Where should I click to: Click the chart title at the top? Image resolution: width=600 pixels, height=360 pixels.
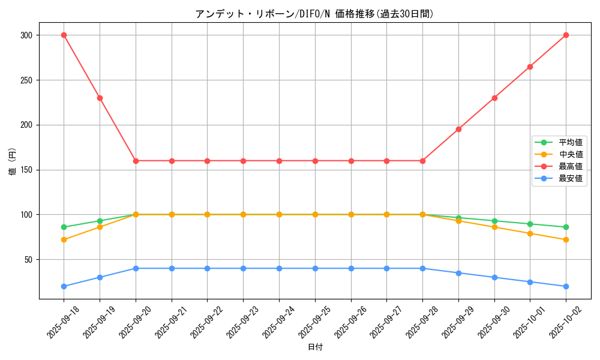[x=314, y=14]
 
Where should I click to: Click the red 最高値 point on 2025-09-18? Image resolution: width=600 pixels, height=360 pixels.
[x=64, y=35]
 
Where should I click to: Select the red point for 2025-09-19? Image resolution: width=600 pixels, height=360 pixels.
[x=100, y=98]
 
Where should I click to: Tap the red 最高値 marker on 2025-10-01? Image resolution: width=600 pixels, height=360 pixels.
[x=530, y=67]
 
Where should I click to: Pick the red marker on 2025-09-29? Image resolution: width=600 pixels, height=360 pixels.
[x=458, y=129]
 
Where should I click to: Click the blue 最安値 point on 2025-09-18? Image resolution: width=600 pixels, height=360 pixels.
[x=64, y=286]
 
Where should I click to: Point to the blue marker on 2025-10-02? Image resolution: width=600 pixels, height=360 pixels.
[x=566, y=286]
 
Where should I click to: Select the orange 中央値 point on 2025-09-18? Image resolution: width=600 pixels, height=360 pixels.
[x=64, y=239]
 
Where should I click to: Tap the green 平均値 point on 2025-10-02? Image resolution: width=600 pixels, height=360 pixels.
[x=566, y=227]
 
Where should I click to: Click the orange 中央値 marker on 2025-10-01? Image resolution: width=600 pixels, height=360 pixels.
[x=530, y=233]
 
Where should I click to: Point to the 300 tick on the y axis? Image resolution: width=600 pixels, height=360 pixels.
[x=25, y=35]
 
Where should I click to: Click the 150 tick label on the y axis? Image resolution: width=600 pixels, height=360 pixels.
[x=25, y=170]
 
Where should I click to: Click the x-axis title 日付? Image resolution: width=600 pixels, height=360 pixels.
[x=315, y=347]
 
